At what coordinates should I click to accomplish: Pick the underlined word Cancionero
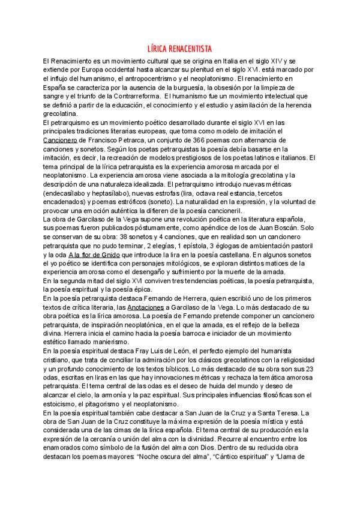tap(61, 139)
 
